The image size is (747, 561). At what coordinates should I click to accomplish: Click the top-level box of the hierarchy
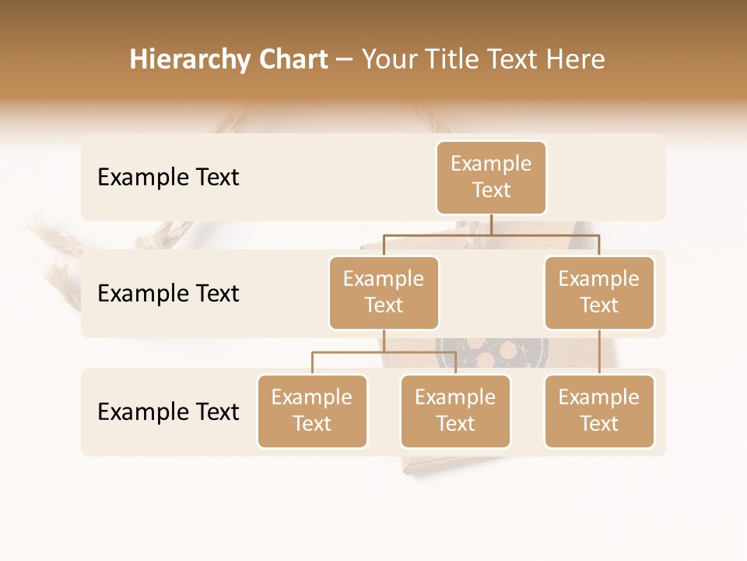point(491,177)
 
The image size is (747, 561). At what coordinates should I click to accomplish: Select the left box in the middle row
point(384,292)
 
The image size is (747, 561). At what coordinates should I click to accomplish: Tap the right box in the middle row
point(598,292)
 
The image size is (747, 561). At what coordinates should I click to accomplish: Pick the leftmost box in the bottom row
point(312,411)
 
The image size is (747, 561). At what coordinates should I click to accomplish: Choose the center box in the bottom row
point(455,411)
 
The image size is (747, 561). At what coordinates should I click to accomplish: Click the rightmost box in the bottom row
point(598,411)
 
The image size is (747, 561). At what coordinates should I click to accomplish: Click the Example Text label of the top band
point(168,177)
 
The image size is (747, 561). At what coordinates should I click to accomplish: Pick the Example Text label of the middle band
point(168,293)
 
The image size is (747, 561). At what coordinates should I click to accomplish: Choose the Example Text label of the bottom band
point(168,411)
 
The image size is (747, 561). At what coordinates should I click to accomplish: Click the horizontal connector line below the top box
point(491,234)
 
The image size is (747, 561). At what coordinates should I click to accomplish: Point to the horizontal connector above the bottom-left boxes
point(384,352)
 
